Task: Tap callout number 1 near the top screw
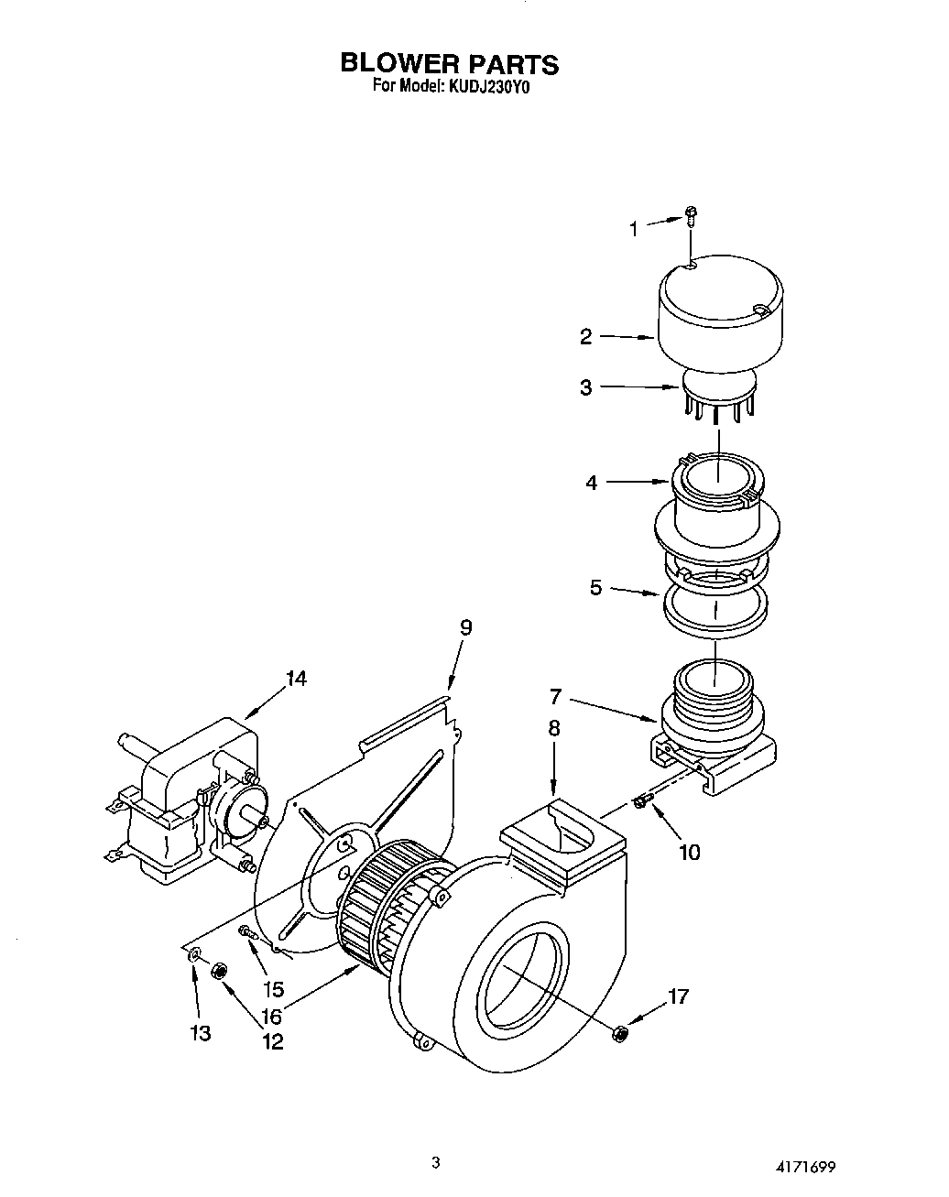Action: coord(632,229)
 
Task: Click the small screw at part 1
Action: coord(692,217)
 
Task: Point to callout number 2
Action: coord(586,336)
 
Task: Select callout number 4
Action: coord(592,483)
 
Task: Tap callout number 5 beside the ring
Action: coord(595,587)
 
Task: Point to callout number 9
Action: coord(465,627)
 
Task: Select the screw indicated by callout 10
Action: coord(641,802)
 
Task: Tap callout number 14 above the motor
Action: coord(295,679)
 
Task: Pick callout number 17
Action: coord(678,996)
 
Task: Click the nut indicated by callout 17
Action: coord(620,1033)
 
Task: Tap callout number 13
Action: coord(200,1033)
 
